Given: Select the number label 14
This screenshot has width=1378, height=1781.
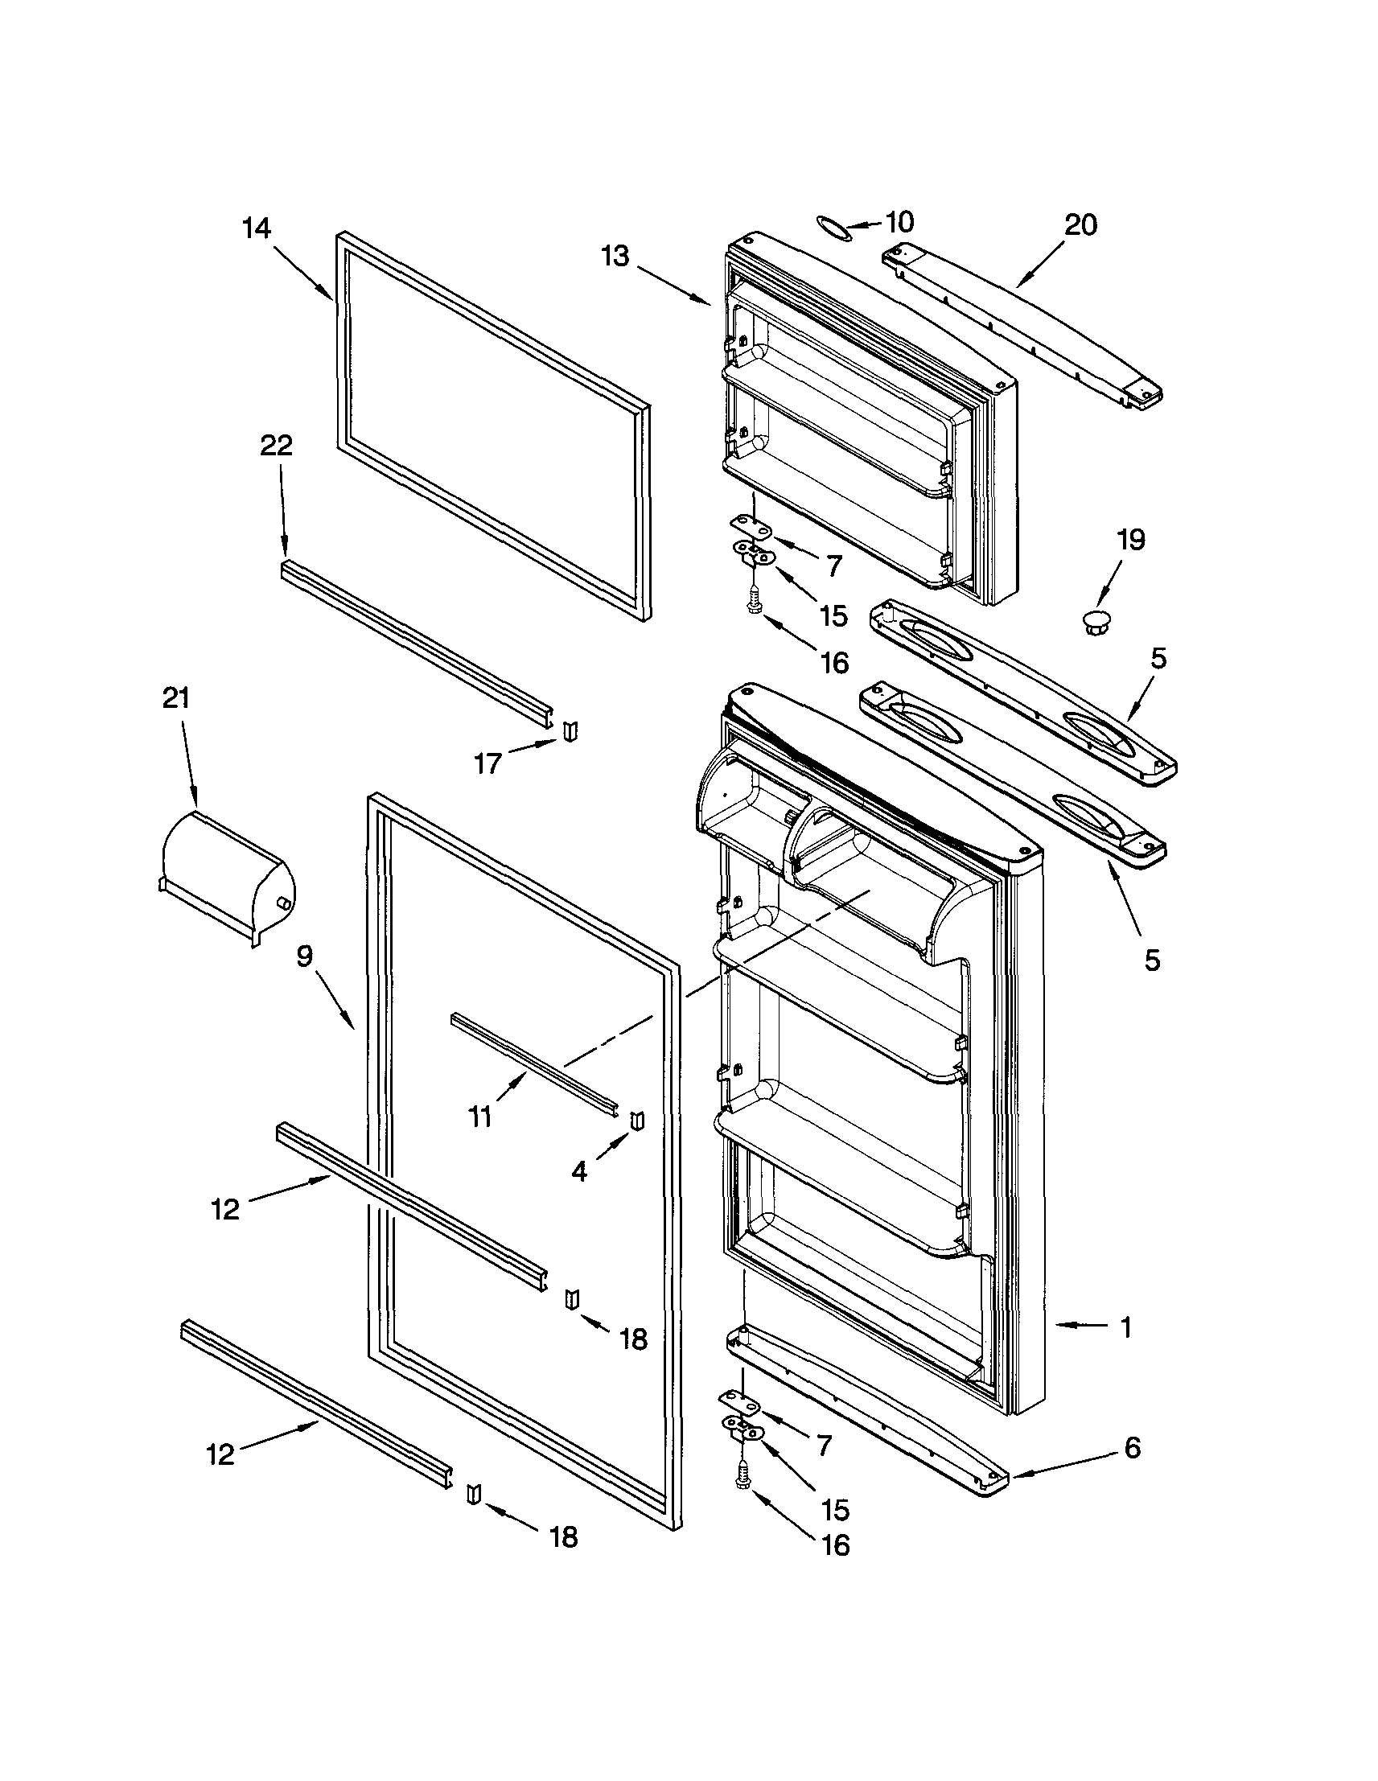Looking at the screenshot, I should point(256,228).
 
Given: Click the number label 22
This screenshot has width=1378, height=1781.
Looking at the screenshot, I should point(277,446).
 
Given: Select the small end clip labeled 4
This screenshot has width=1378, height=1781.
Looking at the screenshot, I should point(638,1121).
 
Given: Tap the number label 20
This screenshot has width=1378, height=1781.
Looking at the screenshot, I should point(1080,226).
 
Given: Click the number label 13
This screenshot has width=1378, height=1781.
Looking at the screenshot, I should point(616,256).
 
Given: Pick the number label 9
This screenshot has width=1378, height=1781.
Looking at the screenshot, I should point(304,956).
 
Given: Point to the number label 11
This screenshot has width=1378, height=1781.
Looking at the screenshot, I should point(481,1117).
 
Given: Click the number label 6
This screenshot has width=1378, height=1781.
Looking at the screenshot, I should point(1132,1448).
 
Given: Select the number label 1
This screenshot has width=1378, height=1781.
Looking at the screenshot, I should point(1125,1327).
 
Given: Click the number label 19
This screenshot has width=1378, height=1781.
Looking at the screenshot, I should point(1131,540).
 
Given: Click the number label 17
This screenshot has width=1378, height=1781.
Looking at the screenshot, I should point(487,764).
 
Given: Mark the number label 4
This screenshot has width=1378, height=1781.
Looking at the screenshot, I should point(579,1172).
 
